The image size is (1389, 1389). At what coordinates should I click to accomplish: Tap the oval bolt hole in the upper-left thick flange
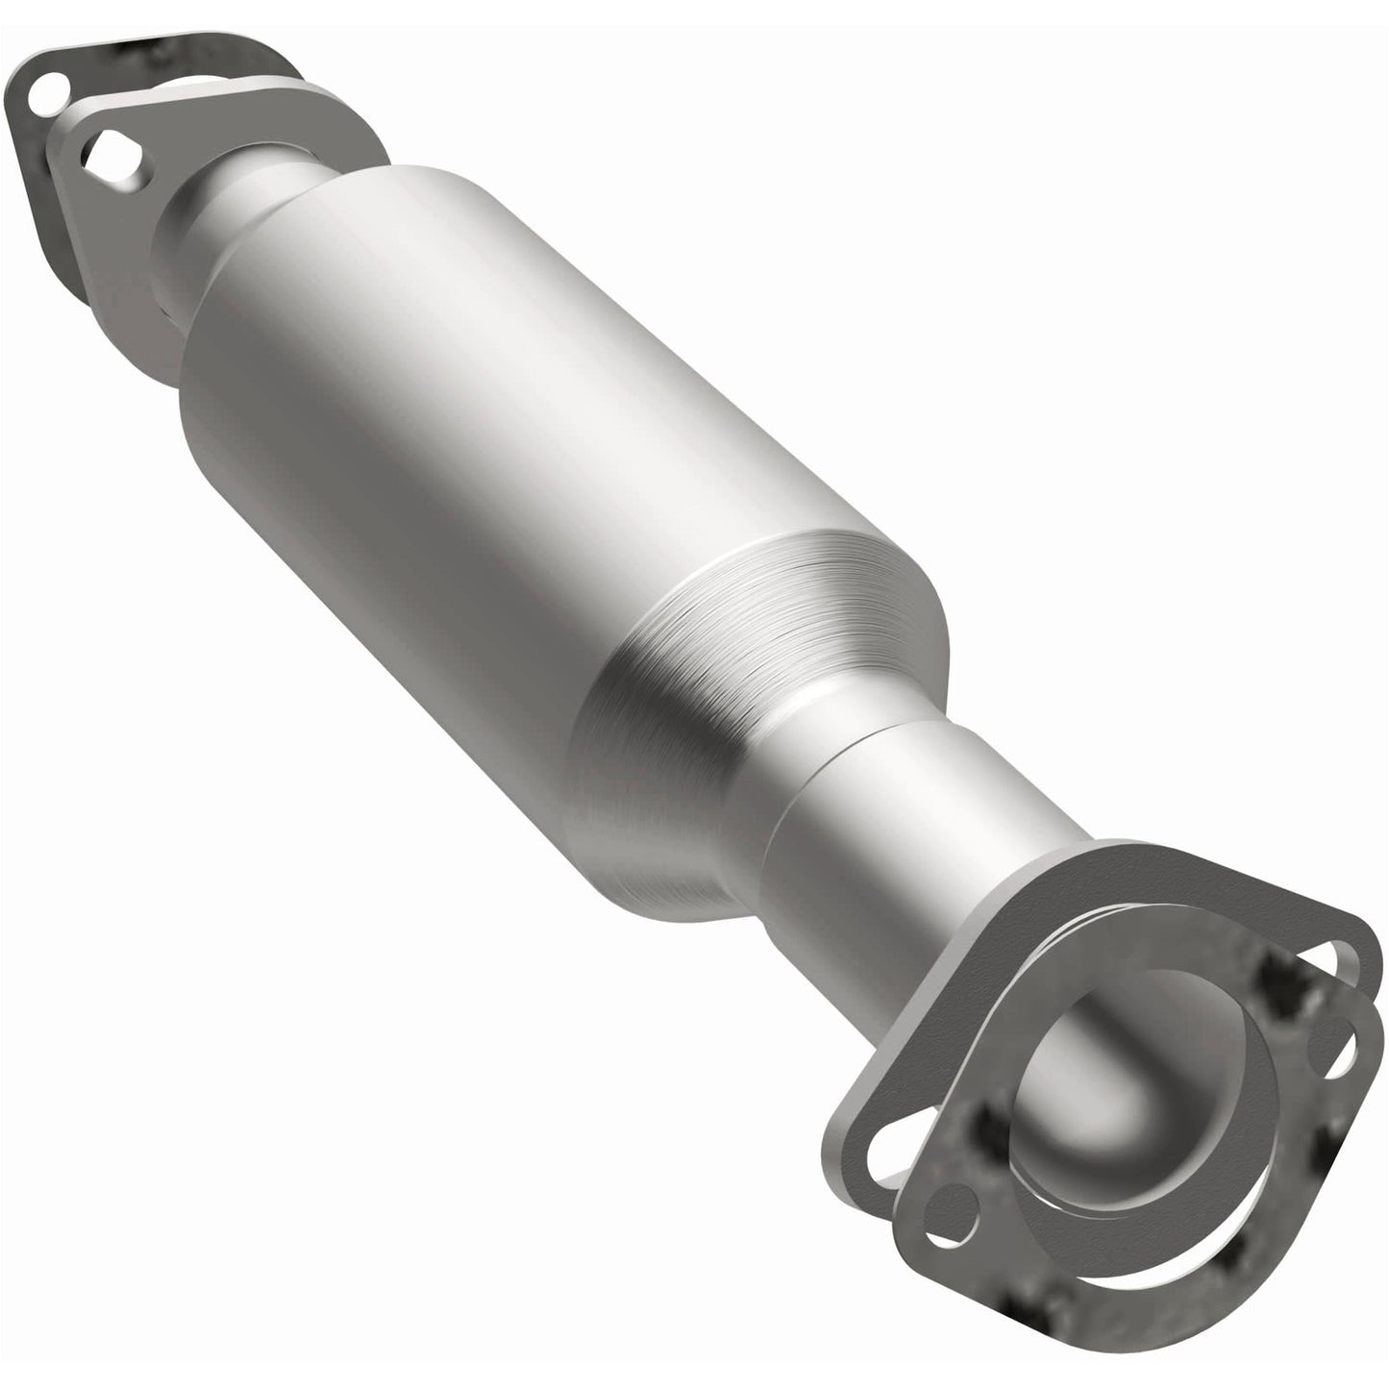pos(111,154)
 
